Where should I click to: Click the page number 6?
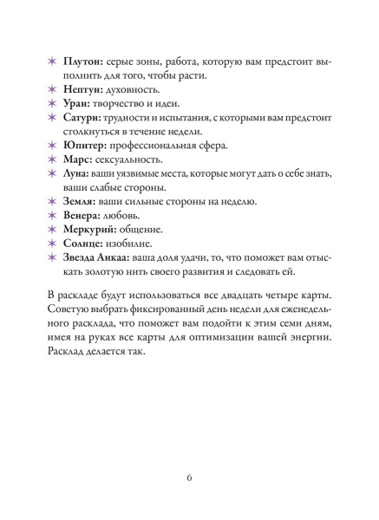[189, 478]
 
